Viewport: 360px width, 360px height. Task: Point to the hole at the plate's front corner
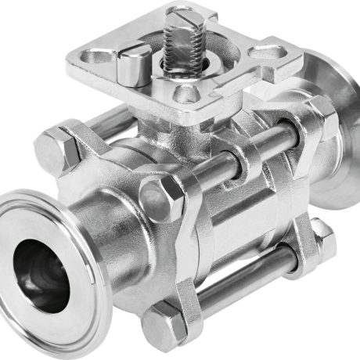point(185,95)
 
